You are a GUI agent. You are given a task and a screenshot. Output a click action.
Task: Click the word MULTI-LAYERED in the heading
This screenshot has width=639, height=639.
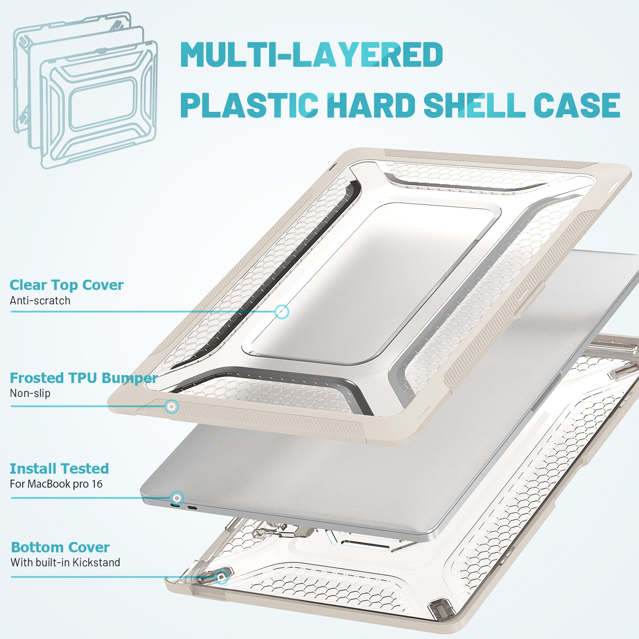click(x=312, y=54)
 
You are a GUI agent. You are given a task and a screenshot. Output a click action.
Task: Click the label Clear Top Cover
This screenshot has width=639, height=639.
click(x=67, y=285)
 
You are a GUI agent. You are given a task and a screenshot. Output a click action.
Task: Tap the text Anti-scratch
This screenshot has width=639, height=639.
click(x=40, y=300)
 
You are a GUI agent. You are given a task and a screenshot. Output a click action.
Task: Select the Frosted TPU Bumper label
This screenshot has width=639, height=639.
click(x=83, y=378)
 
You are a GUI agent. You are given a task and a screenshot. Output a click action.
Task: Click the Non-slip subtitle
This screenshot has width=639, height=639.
click(x=30, y=393)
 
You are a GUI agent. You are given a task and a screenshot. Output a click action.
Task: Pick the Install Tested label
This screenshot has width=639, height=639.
click(x=59, y=468)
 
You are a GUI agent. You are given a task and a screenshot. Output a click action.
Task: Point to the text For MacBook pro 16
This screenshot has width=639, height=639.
click(x=56, y=484)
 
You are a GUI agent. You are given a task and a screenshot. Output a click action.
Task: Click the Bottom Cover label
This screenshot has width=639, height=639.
click(x=60, y=547)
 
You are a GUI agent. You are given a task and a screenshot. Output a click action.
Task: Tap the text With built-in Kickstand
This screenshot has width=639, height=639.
click(x=65, y=562)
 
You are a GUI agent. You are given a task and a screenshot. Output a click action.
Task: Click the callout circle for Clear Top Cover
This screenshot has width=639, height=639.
click(x=282, y=312)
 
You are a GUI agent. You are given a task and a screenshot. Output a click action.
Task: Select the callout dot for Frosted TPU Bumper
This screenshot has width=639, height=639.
click(x=172, y=407)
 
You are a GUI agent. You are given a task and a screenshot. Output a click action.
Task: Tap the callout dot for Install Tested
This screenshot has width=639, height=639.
click(x=177, y=498)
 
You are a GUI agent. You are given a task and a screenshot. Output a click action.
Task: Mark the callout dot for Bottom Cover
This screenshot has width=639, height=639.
click(x=221, y=577)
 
